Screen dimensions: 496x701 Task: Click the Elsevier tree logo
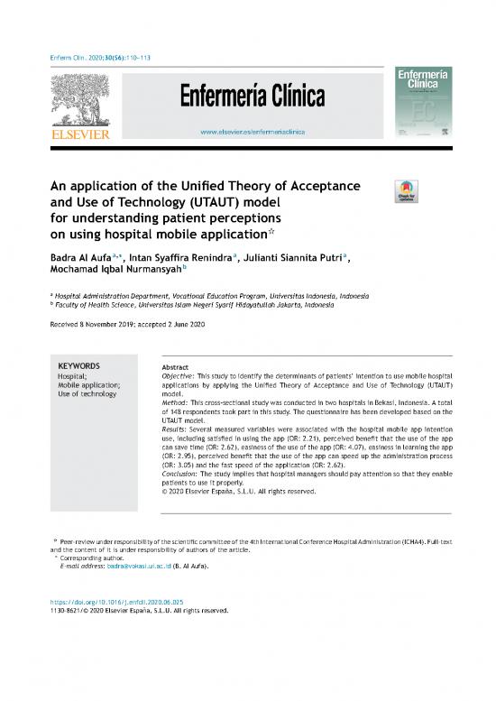point(80,100)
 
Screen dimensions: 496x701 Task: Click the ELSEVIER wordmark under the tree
point(80,135)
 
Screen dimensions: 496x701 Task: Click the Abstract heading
point(174,367)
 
